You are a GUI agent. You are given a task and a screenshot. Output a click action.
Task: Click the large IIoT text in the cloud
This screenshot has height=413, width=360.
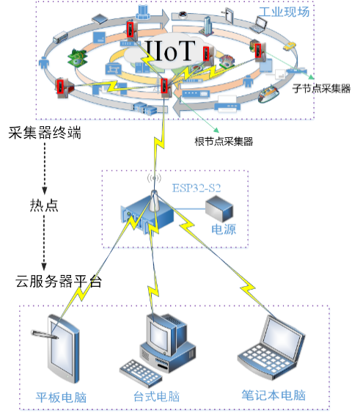click(x=171, y=51)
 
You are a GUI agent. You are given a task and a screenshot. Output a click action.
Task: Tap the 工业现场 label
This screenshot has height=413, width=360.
click(x=284, y=12)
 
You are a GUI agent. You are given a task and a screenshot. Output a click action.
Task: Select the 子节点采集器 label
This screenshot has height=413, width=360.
click(x=321, y=89)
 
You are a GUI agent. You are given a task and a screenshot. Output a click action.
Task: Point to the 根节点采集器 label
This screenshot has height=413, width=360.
click(x=224, y=142)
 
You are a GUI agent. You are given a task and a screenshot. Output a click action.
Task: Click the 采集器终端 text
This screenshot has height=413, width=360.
click(x=45, y=133)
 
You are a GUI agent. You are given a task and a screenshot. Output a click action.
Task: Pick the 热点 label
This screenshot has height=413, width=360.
click(x=44, y=205)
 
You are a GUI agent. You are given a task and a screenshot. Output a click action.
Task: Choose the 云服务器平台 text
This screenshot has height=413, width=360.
click(x=59, y=281)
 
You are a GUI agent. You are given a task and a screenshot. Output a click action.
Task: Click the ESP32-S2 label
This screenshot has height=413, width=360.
click(x=196, y=188)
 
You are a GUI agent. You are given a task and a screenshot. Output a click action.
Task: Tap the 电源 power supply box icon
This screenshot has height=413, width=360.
click(x=219, y=208)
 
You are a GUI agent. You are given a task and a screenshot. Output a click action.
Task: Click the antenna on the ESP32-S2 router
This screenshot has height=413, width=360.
click(x=153, y=201)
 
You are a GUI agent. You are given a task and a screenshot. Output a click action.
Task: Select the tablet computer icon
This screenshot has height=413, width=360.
click(x=64, y=348)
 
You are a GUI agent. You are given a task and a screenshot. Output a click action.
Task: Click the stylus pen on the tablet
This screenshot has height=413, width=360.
click(x=44, y=335)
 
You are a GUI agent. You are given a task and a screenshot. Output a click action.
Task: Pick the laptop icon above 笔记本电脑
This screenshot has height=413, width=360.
click(x=271, y=347)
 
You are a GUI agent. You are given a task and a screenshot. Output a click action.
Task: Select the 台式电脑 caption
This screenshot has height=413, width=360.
click(x=157, y=397)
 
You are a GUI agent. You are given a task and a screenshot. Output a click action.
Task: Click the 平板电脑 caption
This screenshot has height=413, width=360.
click(x=61, y=398)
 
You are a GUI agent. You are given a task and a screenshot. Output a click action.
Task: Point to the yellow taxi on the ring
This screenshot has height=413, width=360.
click(x=290, y=45)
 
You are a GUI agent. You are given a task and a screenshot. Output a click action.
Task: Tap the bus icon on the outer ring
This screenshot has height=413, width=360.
click(x=60, y=37)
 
